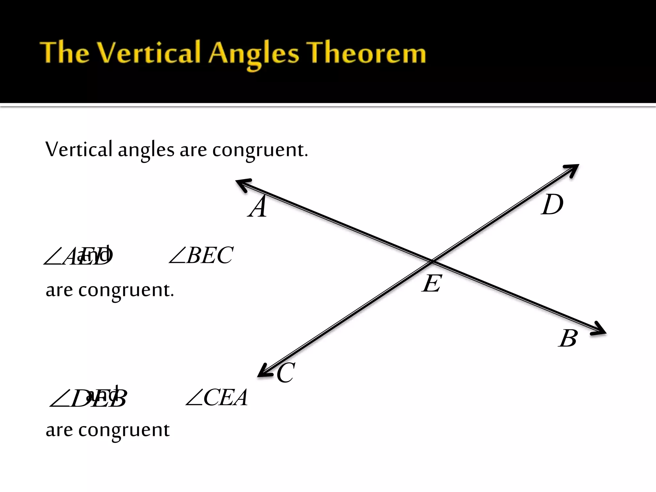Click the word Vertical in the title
(149, 53)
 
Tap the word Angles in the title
(253, 54)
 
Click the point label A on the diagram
(258, 207)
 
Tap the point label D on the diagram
(552, 205)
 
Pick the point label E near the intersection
(432, 283)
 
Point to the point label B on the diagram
(568, 338)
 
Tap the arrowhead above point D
(572, 170)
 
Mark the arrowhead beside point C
(265, 372)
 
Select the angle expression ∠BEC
(201, 255)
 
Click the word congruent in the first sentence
(260, 150)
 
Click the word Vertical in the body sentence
(79, 149)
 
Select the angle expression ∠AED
(78, 257)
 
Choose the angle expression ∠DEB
(88, 399)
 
